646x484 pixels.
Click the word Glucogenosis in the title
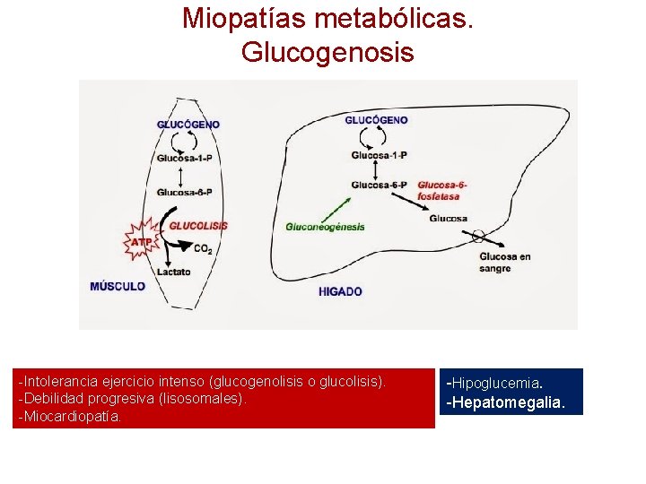[x=327, y=52]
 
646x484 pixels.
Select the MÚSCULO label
[x=118, y=287]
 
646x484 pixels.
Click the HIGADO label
[x=340, y=291]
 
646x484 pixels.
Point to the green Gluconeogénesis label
[x=325, y=227]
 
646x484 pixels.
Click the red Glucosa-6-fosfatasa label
[x=441, y=191]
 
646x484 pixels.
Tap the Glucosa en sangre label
[x=505, y=263]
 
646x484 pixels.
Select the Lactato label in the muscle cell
[x=174, y=272]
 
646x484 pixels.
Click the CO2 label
[x=203, y=249]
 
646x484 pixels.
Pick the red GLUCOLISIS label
[x=198, y=226]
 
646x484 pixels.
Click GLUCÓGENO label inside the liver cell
[x=377, y=120]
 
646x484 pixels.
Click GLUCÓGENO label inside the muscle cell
[x=188, y=125]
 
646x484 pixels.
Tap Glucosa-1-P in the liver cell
[x=379, y=154]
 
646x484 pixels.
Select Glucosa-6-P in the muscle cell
[x=184, y=192]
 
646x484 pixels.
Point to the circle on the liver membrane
[x=477, y=237]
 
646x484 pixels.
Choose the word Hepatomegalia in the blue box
[x=506, y=402]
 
